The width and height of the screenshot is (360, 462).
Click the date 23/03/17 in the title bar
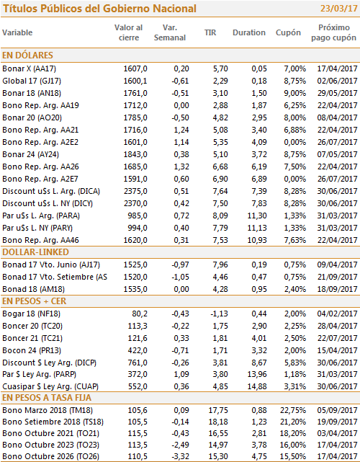339,8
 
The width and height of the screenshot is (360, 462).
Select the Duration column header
249,32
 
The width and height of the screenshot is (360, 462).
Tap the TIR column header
210,32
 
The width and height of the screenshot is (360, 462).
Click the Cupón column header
288,32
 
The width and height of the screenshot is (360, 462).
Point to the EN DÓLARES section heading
27,55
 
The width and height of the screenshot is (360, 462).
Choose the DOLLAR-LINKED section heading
35,252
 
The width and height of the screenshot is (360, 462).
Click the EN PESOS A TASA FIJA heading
47,398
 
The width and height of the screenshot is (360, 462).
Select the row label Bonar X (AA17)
29,68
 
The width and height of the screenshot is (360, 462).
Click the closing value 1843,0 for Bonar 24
135,154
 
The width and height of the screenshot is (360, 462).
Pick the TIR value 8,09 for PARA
220,216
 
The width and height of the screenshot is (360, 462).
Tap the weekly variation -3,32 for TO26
180,456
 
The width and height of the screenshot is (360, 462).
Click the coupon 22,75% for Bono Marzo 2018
293,410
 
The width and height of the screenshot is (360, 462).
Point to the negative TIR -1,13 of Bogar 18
219,314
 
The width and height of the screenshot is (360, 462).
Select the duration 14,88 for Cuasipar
257,386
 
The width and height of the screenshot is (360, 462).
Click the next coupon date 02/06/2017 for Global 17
338,81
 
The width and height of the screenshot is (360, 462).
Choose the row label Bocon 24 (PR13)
32,350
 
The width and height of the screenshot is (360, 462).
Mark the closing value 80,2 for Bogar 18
140,314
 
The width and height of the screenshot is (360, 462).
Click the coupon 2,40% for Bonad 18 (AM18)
295,289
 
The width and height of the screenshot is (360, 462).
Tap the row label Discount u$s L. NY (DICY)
48,203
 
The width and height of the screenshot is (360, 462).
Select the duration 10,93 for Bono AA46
257,240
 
